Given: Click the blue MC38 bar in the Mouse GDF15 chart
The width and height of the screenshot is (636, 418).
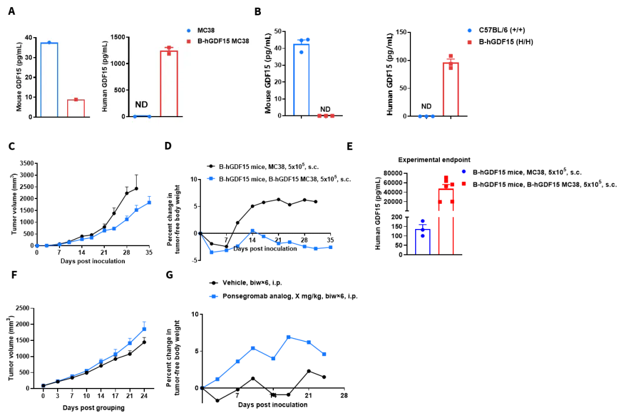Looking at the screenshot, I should [x=49, y=79].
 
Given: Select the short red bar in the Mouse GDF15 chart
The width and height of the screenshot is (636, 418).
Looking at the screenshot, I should [x=76, y=108].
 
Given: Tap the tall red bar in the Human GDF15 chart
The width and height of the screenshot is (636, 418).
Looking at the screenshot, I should [x=169, y=84].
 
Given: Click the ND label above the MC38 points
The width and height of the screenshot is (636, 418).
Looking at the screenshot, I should [x=142, y=104].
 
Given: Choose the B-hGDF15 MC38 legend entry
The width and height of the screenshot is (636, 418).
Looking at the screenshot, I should [x=219, y=41].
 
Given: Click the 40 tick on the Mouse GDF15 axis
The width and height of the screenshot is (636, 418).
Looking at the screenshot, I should [x=29, y=37].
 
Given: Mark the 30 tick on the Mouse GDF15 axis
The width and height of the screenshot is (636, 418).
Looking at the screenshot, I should [x=29, y=57].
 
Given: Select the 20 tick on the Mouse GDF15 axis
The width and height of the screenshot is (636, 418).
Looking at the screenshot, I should [x=29, y=77].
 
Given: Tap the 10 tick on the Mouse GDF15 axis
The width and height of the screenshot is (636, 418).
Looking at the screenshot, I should [x=29, y=97].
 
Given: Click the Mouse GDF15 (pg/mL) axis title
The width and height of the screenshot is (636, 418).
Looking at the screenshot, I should [x=19, y=77].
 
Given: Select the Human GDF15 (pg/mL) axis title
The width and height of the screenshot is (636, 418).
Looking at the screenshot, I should [x=105, y=77].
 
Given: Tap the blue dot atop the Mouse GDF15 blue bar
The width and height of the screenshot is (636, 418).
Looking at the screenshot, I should [x=49, y=42].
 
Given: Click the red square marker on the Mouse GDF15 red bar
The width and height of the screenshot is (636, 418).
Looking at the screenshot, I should [x=76, y=99].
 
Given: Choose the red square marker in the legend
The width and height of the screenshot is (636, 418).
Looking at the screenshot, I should [x=188, y=41].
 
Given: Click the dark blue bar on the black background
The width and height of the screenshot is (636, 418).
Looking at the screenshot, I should [x=423, y=241].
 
